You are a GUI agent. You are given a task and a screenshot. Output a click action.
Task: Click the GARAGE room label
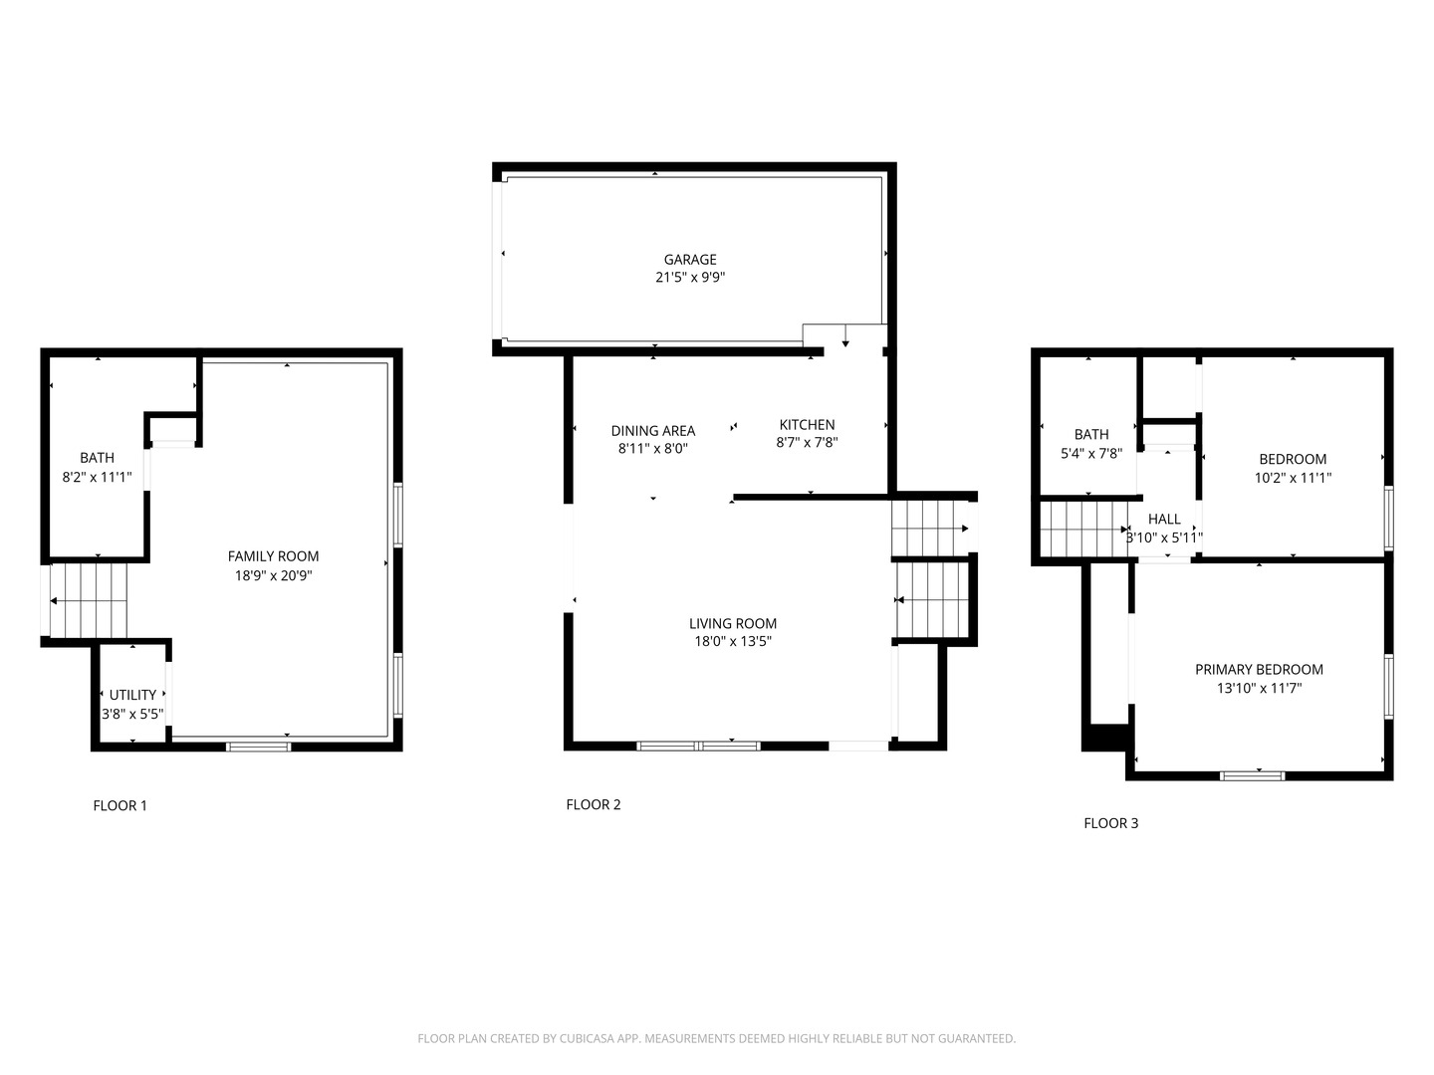690,260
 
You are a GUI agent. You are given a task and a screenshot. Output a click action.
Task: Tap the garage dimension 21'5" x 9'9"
690,278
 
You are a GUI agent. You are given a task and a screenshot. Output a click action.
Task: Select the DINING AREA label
653,431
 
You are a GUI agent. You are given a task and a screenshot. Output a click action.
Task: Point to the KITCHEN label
807,425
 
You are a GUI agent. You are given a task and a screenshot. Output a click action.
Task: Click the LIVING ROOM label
733,624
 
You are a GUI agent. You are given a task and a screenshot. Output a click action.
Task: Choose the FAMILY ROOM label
273,556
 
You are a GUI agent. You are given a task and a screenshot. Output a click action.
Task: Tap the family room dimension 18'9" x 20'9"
273,575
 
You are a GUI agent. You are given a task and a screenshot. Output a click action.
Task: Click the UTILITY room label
132,695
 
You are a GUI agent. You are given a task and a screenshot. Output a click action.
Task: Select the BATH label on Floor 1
97,458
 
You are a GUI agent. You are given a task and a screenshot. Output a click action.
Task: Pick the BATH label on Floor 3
1091,434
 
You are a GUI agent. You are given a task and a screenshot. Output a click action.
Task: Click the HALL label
1164,520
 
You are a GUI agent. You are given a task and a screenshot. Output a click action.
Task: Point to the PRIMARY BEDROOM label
1259,670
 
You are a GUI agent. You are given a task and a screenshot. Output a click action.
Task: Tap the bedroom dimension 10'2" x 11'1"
1293,478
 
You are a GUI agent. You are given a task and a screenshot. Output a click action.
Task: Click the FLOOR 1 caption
119,806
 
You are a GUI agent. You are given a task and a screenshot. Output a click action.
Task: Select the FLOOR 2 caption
594,805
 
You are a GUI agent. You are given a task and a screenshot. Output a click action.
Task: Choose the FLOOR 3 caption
1110,823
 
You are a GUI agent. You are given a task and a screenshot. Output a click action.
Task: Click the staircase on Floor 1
89,601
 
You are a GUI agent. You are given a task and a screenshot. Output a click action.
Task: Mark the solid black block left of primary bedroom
1103,739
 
